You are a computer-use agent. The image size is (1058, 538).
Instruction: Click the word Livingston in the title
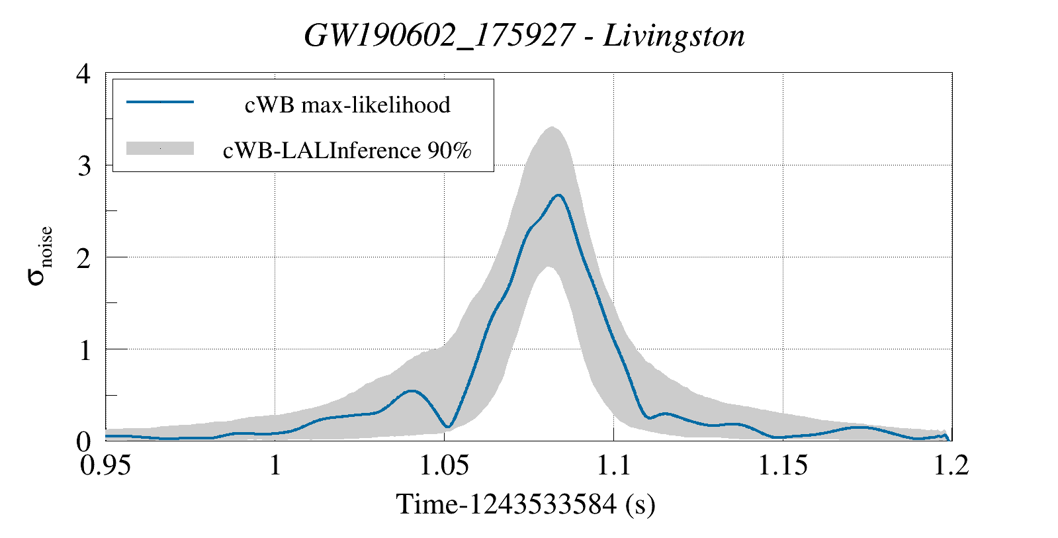click(674, 36)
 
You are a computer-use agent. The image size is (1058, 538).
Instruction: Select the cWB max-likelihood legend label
click(347, 105)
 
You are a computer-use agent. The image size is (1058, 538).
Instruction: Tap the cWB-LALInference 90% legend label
click(347, 150)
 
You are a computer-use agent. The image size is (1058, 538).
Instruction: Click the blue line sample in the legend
click(159, 102)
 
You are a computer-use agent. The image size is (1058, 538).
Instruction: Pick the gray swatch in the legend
click(159, 148)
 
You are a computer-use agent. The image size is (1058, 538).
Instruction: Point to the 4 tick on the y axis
click(83, 73)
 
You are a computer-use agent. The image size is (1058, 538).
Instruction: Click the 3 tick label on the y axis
click(83, 165)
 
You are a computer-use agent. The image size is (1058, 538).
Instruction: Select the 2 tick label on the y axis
click(83, 257)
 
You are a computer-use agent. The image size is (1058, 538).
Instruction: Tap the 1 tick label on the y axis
click(84, 349)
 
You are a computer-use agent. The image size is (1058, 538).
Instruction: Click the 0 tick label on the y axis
click(83, 441)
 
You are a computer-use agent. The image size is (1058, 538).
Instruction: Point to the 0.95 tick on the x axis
click(106, 465)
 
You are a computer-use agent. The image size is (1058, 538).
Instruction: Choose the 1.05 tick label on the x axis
click(444, 465)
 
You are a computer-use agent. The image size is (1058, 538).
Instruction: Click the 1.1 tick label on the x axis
click(613, 465)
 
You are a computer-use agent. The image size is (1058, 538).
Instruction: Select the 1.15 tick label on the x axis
click(782, 465)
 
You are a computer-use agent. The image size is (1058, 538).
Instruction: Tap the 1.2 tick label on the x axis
click(951, 465)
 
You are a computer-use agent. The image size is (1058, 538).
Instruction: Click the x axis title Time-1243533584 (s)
click(525, 504)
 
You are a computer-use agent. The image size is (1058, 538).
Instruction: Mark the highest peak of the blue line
click(559, 195)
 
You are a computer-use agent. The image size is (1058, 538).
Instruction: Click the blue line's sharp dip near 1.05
click(448, 426)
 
